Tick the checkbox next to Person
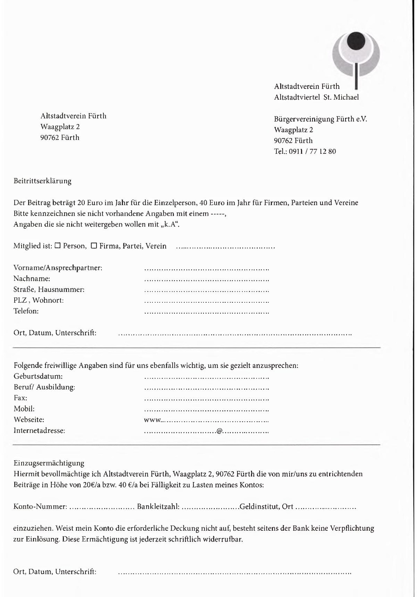(57, 246)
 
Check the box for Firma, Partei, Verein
(94, 246)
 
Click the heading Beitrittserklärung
(42, 181)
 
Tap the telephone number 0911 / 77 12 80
(312, 152)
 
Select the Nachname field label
(32, 279)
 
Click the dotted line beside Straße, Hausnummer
(206, 291)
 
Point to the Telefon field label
(26, 311)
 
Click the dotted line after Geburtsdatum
(206, 378)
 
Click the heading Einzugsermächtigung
(49, 463)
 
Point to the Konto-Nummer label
(40, 507)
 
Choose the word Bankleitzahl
(158, 507)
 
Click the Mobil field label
(24, 409)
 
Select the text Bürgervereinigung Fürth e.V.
(320, 119)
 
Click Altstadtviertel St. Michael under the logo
(316, 97)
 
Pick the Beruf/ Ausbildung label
(44, 387)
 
